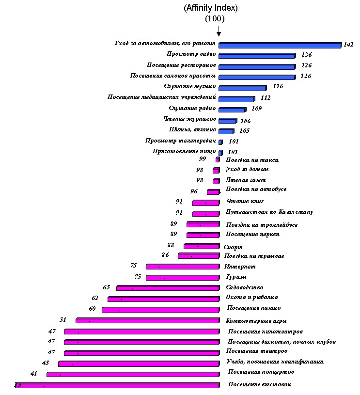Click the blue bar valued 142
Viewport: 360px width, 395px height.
point(280,45)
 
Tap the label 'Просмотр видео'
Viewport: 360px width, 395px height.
point(191,54)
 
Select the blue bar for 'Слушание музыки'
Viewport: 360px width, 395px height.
point(242,88)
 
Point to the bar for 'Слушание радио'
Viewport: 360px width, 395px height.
point(232,110)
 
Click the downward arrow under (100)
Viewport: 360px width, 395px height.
point(219,31)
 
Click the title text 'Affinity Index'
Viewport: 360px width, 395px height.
point(210,8)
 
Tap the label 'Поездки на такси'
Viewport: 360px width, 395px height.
point(252,160)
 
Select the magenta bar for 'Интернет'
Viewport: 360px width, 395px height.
point(182,267)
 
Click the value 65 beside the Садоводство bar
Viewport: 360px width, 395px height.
point(107,287)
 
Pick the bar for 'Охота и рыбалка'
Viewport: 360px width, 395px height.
point(163,299)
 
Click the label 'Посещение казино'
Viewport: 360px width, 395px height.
point(254,308)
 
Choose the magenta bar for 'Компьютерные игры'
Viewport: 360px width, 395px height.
point(147,320)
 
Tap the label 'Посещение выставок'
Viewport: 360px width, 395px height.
point(259,384)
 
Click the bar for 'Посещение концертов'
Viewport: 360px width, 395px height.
point(133,374)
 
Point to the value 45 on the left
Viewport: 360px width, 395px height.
point(46,363)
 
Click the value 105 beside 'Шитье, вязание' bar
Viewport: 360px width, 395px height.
point(245,131)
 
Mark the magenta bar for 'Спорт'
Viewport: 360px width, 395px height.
point(201,246)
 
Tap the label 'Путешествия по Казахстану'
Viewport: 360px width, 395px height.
point(269,212)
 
